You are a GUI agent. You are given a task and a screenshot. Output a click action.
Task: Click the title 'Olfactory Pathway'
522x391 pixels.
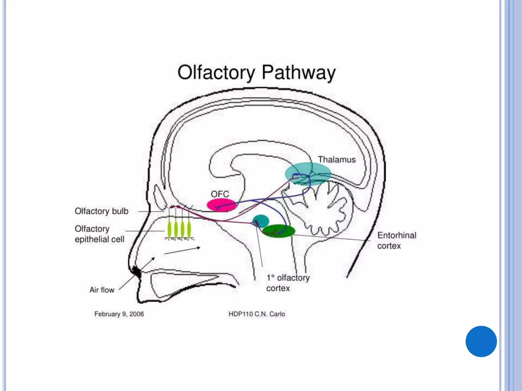click(x=256, y=73)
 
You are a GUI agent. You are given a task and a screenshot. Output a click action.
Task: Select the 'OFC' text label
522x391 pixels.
click(x=220, y=194)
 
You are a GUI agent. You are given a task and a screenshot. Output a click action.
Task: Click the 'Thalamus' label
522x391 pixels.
click(x=337, y=160)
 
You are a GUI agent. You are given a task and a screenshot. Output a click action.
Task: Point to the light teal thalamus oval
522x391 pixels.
click(x=308, y=174)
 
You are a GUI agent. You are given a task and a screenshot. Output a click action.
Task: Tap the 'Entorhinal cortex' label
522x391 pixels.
click(x=396, y=241)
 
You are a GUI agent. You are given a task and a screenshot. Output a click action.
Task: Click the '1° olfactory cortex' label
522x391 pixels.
click(x=288, y=283)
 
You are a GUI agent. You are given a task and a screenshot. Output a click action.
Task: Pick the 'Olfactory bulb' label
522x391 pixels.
click(x=101, y=211)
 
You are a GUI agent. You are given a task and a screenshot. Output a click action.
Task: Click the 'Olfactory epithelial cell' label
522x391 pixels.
click(x=99, y=234)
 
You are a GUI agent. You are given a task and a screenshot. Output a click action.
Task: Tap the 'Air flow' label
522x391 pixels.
click(x=102, y=290)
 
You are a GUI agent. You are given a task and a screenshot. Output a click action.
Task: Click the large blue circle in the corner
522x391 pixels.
click(x=481, y=341)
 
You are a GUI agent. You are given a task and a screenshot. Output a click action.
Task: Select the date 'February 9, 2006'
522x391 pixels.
click(x=119, y=314)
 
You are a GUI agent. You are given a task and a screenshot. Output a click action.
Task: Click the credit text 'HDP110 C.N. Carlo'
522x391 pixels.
click(x=257, y=314)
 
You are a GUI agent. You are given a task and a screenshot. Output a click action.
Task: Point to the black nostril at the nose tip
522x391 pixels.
click(x=137, y=272)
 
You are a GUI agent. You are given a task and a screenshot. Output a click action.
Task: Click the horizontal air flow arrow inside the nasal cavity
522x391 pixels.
click(x=182, y=250)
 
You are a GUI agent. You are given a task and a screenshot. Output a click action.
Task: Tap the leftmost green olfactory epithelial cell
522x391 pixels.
click(x=169, y=229)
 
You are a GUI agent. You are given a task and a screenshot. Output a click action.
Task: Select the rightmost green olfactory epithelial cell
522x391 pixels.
click(x=189, y=229)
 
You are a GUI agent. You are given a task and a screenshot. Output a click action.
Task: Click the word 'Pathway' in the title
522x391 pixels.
click(x=298, y=73)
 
